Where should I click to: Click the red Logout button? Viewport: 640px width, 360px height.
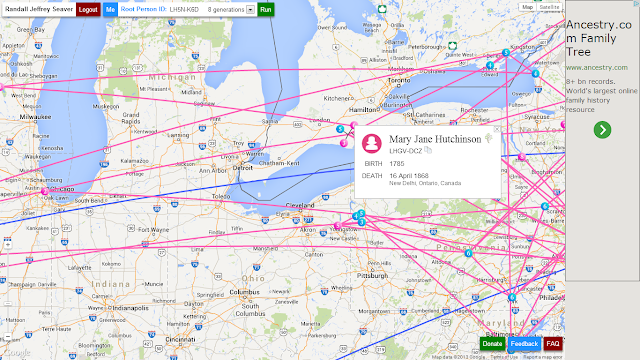(88, 8)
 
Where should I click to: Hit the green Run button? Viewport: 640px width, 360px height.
(265, 8)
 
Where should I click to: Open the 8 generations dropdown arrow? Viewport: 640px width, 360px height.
(250, 9)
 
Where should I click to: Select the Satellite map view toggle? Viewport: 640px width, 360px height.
(549, 6)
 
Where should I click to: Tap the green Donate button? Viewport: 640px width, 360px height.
(492, 343)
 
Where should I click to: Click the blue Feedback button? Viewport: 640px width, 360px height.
(524, 343)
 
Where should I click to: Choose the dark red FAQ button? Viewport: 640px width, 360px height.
(553, 343)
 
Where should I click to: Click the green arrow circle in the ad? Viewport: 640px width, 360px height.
(601, 129)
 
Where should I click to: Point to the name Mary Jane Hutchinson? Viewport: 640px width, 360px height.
(435, 139)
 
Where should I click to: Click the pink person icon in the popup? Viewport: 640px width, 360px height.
(372, 143)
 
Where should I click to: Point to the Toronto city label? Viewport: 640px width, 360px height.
(400, 80)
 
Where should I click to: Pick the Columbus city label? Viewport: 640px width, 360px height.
(246, 292)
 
